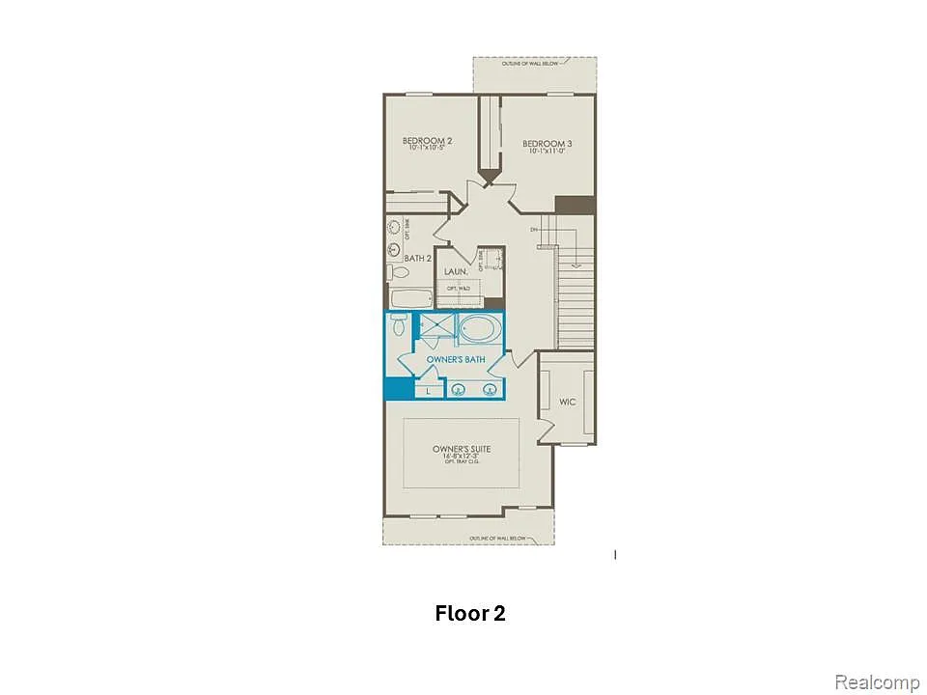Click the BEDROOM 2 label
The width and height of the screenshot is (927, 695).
pyautogui.click(x=427, y=141)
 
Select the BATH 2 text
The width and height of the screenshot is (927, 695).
pyautogui.click(x=417, y=258)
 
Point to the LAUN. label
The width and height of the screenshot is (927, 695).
pyautogui.click(x=456, y=272)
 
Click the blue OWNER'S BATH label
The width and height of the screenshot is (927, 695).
pyautogui.click(x=456, y=359)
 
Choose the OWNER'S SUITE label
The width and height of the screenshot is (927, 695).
pyautogui.click(x=456, y=450)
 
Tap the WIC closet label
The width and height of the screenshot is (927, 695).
pyautogui.click(x=568, y=401)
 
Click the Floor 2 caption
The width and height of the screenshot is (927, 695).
pyautogui.click(x=470, y=613)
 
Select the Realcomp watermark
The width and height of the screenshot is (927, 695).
pyautogui.click(x=877, y=682)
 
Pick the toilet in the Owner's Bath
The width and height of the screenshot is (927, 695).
pyautogui.click(x=398, y=327)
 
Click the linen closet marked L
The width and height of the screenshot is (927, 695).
pyautogui.click(x=428, y=391)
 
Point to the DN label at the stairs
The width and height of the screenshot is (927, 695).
pyautogui.click(x=533, y=230)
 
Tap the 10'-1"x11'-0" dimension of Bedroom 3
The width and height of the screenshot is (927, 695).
pyautogui.click(x=546, y=151)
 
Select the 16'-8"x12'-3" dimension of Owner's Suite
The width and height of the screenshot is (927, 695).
pyautogui.click(x=456, y=457)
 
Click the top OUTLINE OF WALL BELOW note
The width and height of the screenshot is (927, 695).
pyautogui.click(x=534, y=65)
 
